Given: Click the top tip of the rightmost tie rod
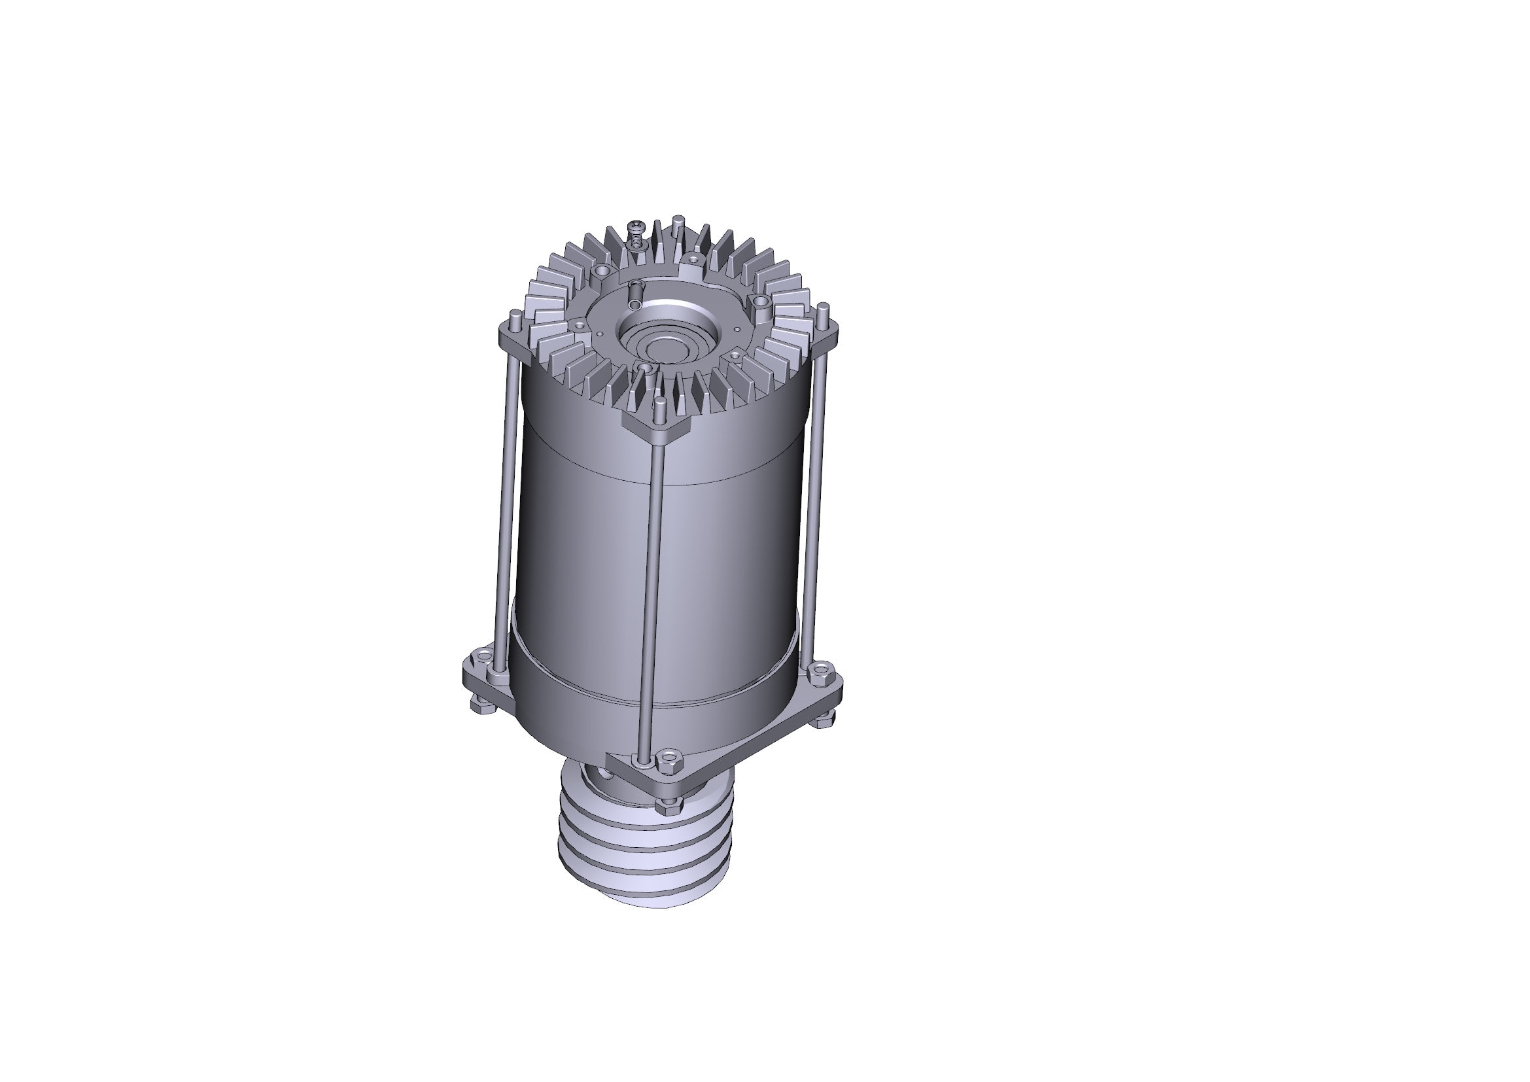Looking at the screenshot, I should [824, 307].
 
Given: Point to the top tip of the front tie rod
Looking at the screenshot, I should [660, 402].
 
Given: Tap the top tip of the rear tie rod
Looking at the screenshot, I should [678, 219].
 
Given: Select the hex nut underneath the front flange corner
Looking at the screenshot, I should [665, 807].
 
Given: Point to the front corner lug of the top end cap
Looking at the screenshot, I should [656, 427].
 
